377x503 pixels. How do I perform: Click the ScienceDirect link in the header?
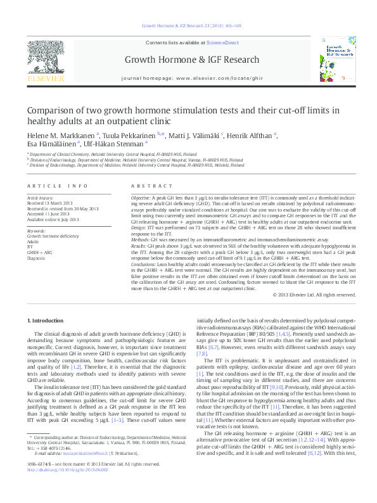222,42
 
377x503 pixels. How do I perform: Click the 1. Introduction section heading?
46,322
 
